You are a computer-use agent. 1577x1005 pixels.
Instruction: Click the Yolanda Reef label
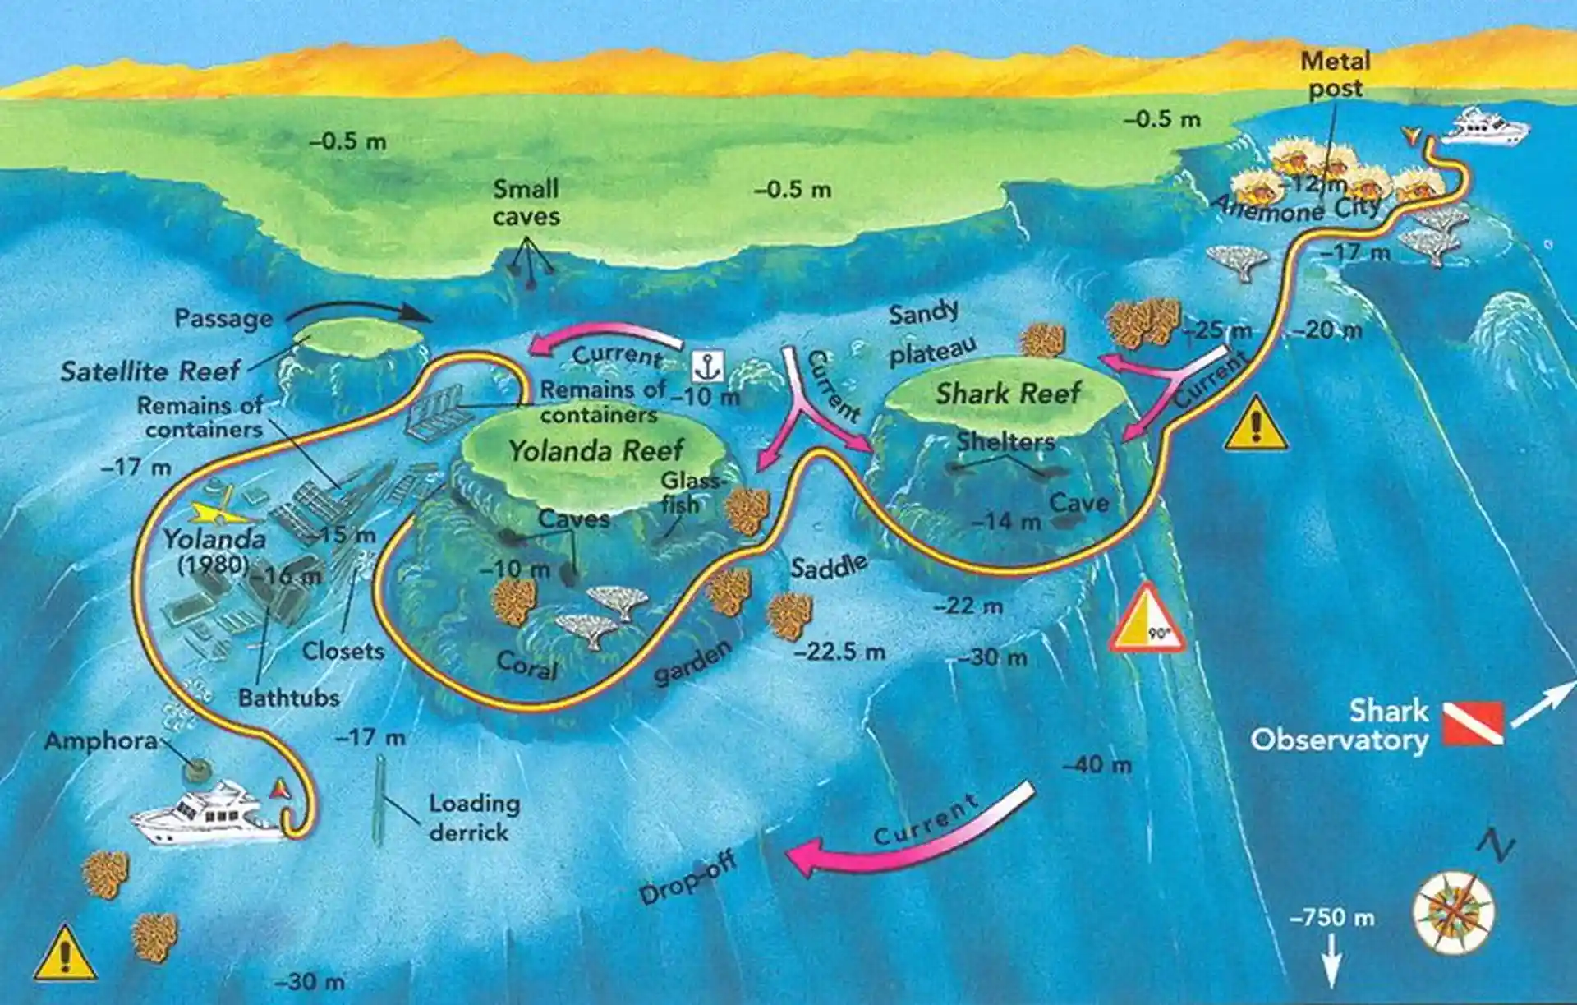point(595,450)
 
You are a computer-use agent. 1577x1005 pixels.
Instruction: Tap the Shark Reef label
point(1008,394)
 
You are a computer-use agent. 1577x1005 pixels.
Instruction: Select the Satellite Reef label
point(150,371)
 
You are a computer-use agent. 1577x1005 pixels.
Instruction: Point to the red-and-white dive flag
point(1474,723)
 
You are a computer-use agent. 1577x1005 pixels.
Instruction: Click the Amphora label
point(100,741)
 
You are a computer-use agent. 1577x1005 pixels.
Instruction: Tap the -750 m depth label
point(1331,917)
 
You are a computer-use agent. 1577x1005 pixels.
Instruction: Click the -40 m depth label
point(1097,764)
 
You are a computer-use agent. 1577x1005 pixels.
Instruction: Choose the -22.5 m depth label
point(840,652)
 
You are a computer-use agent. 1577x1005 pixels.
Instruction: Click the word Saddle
point(829,566)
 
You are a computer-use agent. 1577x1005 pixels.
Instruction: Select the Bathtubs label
point(288,698)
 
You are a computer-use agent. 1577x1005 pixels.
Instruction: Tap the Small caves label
point(526,203)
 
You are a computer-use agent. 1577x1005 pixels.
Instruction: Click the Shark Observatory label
point(1340,726)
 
